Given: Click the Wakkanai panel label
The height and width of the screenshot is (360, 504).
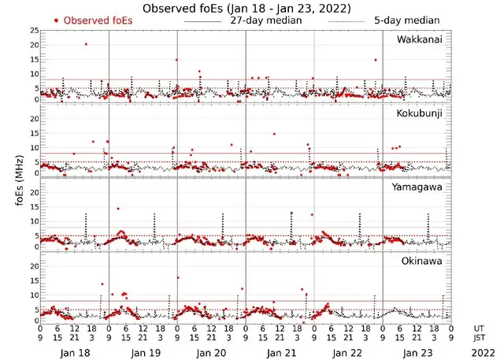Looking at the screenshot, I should click(424, 38).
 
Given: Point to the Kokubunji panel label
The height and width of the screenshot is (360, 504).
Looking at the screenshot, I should click(423, 113).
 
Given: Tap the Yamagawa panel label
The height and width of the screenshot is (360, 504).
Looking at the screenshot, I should click(423, 187).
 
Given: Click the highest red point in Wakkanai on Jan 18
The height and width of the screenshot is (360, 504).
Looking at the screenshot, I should click(86, 44).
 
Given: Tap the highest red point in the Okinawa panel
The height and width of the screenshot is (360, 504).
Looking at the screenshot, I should click(178, 277).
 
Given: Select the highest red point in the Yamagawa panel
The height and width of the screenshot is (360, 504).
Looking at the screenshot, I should click(118, 209).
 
